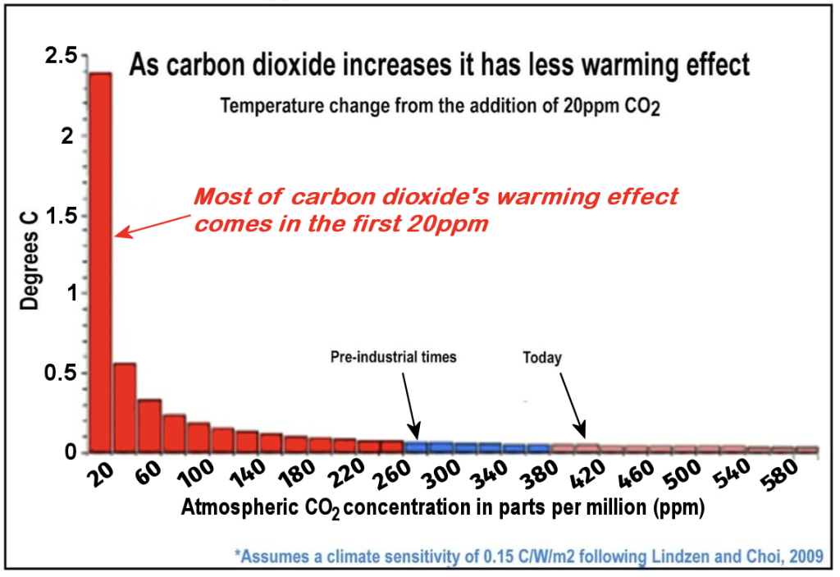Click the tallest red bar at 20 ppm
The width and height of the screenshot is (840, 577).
click(100, 263)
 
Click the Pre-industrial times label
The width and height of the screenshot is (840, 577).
click(393, 357)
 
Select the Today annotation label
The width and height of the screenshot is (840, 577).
click(542, 357)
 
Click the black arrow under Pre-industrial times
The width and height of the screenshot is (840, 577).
click(410, 406)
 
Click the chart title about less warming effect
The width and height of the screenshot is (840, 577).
click(441, 66)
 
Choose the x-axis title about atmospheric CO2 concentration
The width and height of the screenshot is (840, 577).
click(443, 509)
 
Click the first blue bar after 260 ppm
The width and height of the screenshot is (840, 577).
click(418, 447)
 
